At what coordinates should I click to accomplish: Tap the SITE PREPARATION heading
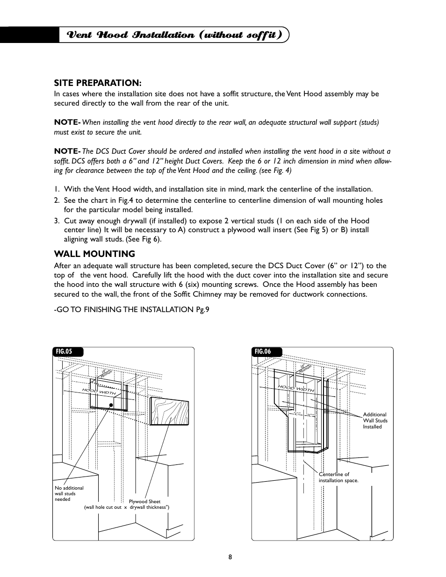(x=97, y=83)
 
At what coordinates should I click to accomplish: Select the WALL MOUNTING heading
(x=94, y=254)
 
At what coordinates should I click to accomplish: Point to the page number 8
(x=230, y=557)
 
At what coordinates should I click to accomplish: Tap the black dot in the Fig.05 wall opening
(x=111, y=406)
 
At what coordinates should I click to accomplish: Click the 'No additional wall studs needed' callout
(x=69, y=493)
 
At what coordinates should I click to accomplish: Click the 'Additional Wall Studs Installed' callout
(x=375, y=420)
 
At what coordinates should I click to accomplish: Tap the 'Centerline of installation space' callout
(x=338, y=477)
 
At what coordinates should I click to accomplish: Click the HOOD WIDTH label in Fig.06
(x=296, y=388)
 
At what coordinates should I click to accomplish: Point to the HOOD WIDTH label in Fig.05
(x=99, y=392)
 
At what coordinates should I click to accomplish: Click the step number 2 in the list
(x=56, y=200)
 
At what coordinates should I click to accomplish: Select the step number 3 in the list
(x=56, y=221)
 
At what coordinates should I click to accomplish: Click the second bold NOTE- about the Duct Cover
(x=67, y=151)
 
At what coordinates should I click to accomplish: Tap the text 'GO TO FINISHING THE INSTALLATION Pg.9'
(x=131, y=309)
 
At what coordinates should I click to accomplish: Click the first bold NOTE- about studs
(x=67, y=122)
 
